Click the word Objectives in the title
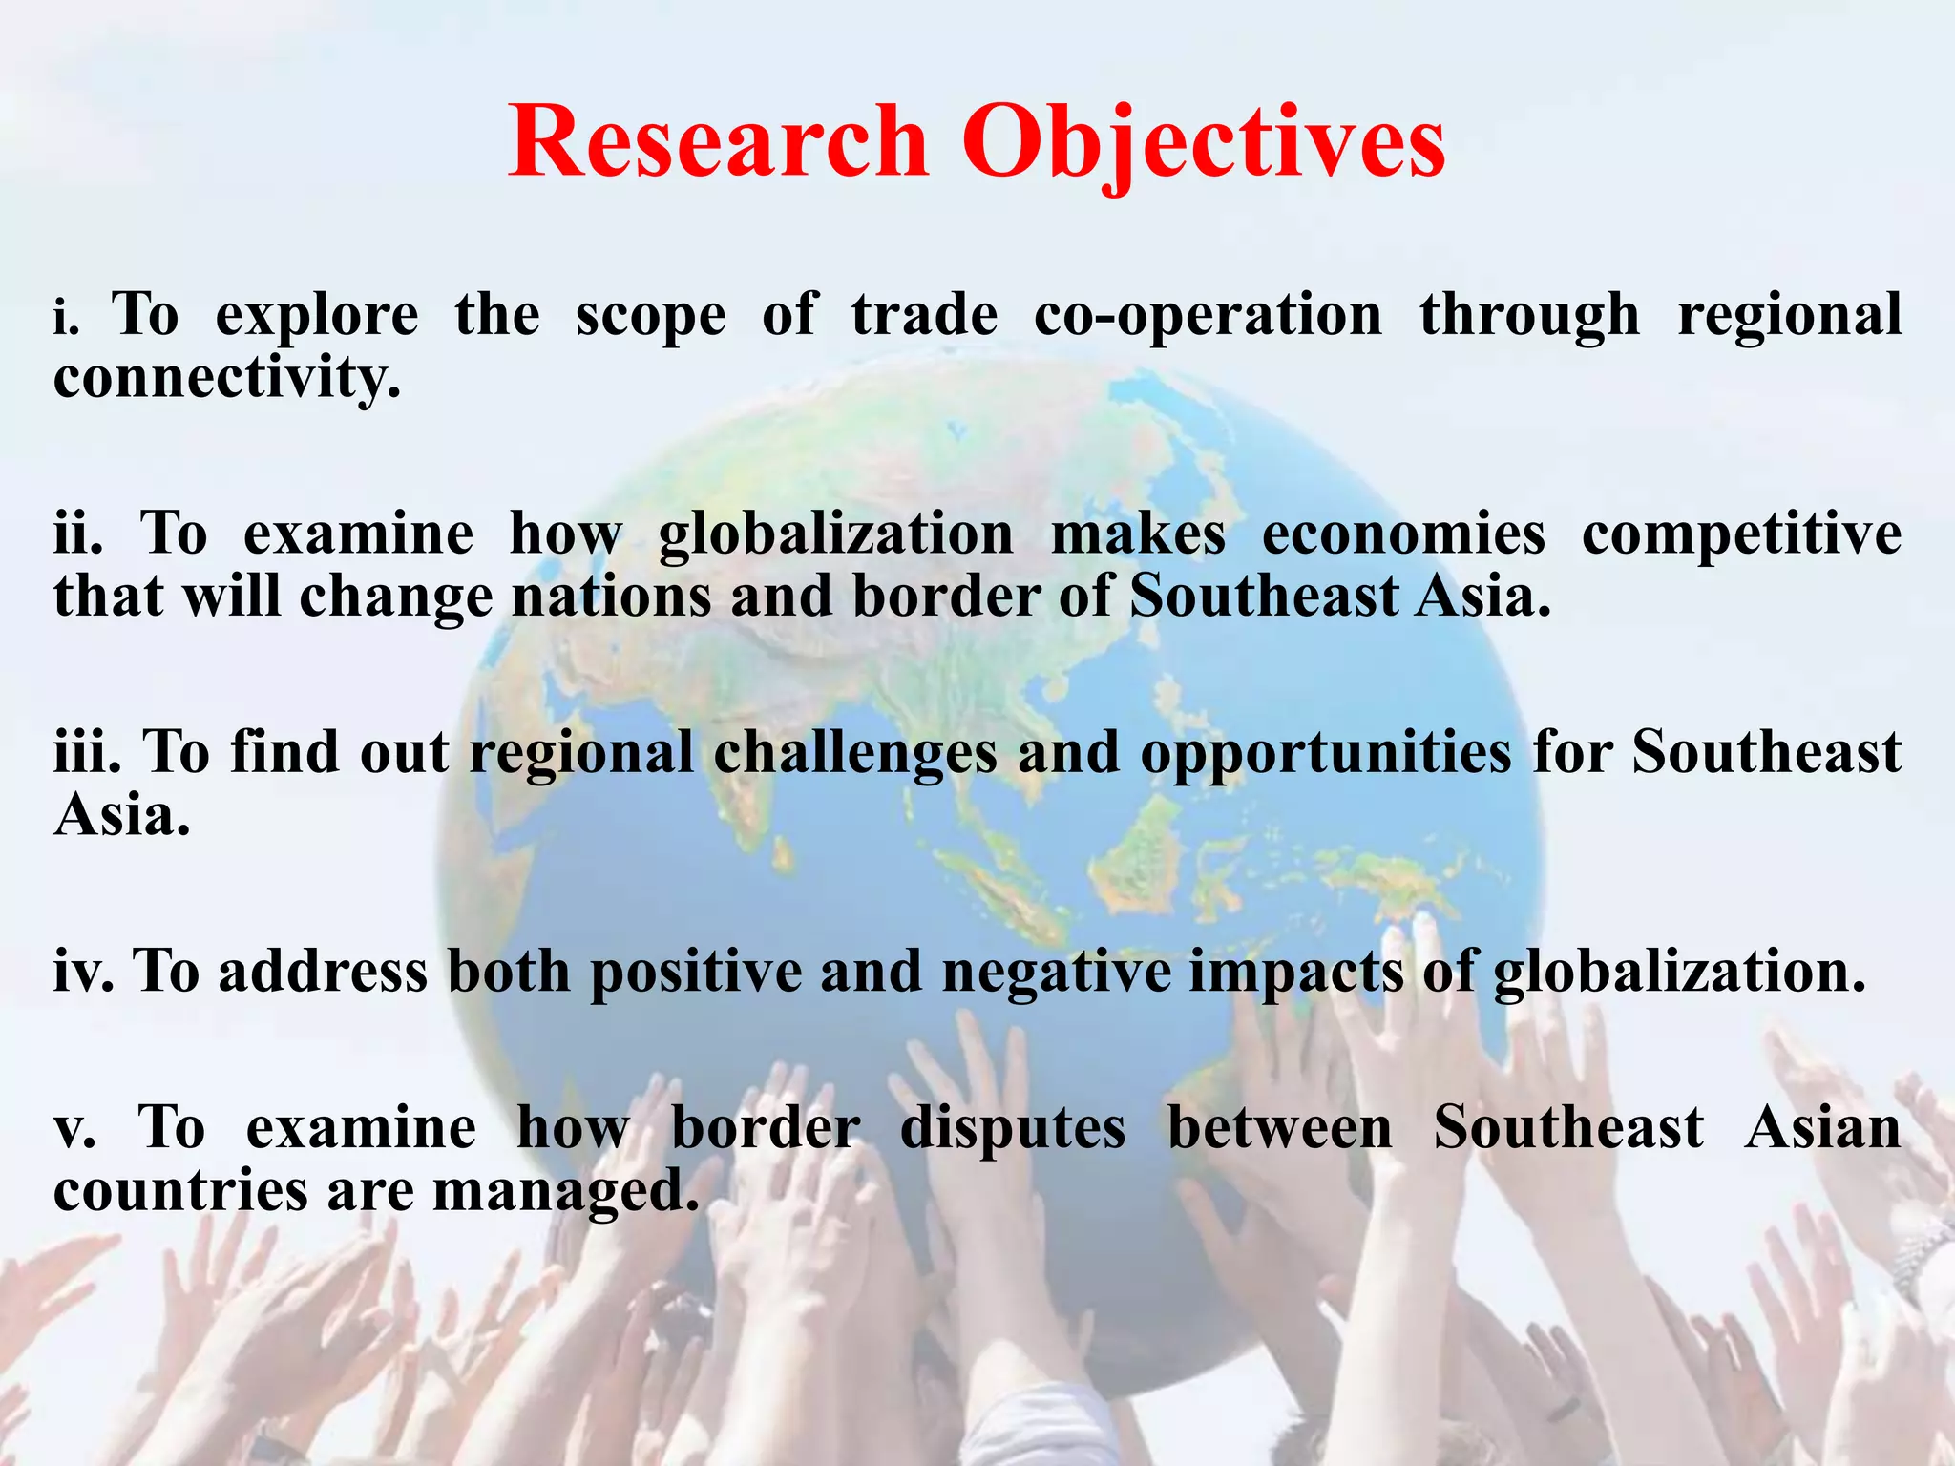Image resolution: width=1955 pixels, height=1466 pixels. tap(1205, 143)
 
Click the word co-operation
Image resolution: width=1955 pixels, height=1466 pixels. tap(1208, 317)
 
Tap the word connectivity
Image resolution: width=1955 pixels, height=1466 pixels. tap(226, 379)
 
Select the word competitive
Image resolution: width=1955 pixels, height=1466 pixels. tap(1741, 534)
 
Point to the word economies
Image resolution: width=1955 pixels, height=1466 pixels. tap(1403, 534)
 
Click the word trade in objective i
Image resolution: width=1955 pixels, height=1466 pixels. tap(924, 316)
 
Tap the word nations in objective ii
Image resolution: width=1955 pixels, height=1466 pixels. tap(612, 597)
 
